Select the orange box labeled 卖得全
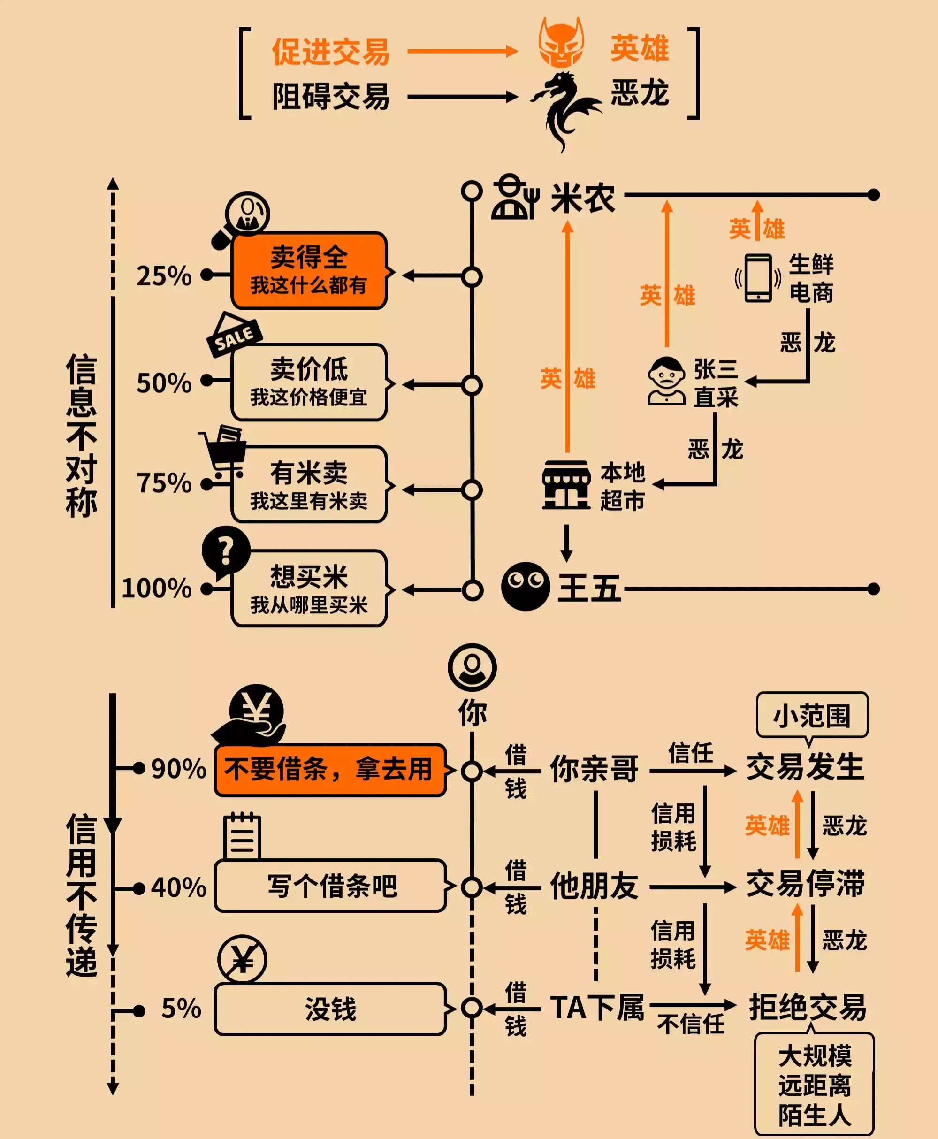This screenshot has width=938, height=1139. tap(309, 270)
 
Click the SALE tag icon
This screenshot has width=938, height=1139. tap(234, 335)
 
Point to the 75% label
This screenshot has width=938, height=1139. tap(164, 483)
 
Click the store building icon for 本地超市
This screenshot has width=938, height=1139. tap(566, 485)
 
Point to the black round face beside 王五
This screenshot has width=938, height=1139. tap(525, 586)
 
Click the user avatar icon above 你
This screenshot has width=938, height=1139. tap(472, 667)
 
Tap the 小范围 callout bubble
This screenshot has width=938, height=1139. tap(812, 715)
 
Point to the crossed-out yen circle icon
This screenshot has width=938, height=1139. tap(242, 959)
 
